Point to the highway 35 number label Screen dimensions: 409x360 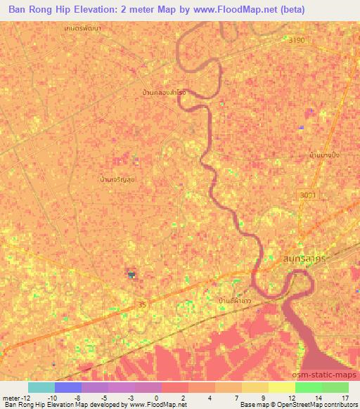143,304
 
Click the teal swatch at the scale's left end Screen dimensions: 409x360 41,387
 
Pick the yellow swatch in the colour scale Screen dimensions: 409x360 281,387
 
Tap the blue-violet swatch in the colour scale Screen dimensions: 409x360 67,387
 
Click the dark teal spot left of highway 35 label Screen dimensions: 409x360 130,275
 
